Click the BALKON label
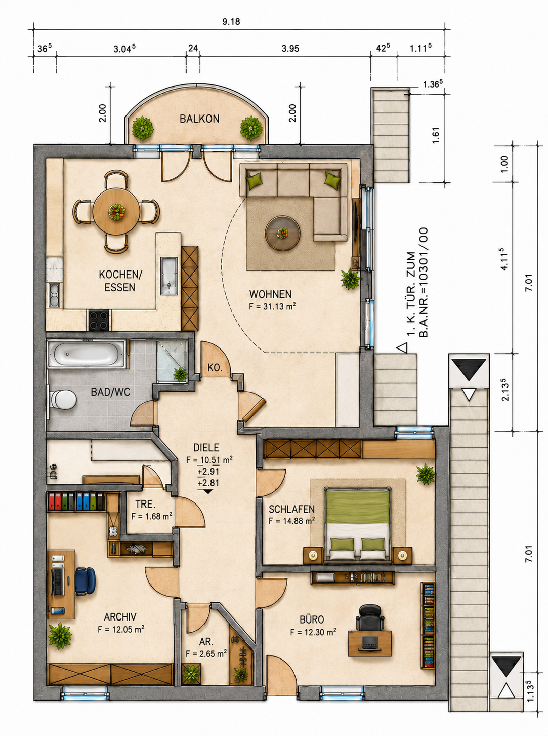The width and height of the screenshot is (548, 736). [x=199, y=119]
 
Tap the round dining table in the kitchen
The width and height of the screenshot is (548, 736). [x=116, y=212]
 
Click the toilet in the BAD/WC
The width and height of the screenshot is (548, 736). [x=63, y=399]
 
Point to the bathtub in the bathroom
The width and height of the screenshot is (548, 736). [x=87, y=354]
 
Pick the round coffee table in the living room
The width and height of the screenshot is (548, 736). [x=282, y=233]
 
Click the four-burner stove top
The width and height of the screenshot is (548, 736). [x=99, y=320]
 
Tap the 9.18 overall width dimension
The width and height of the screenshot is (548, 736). [x=231, y=22]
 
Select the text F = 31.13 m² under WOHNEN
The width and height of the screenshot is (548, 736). [x=272, y=306]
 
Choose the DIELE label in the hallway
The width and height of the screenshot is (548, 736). [x=206, y=448]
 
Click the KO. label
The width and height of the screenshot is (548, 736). [x=215, y=368]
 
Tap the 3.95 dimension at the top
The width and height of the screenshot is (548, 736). [x=290, y=49]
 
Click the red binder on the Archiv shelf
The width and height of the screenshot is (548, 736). [x=51, y=501]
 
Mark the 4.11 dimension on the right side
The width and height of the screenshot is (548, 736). [x=504, y=259]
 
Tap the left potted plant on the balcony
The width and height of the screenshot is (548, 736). [x=143, y=128]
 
